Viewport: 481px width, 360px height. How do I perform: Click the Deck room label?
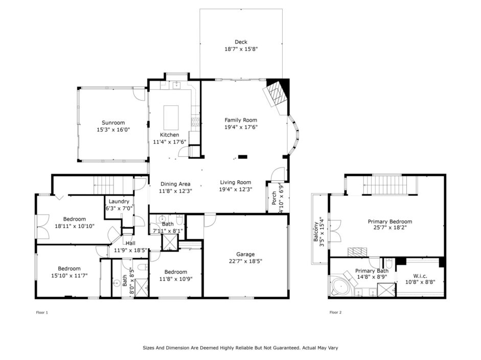tap(241, 42)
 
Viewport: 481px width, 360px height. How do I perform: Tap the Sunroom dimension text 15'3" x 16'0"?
tap(113, 130)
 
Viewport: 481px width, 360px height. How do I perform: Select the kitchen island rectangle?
tap(171, 117)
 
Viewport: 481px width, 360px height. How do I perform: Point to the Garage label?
tap(245, 254)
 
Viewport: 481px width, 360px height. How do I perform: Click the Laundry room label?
tap(119, 201)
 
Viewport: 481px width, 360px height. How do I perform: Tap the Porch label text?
tap(274, 198)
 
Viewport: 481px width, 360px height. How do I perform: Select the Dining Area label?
tap(175, 184)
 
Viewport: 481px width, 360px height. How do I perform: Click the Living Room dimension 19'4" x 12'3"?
tap(236, 189)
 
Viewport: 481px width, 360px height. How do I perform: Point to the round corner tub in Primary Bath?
tap(340, 287)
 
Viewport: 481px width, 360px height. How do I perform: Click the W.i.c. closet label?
tap(420, 276)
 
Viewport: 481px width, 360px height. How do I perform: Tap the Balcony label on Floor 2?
tap(316, 232)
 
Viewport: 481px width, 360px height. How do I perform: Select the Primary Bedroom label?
tap(390, 222)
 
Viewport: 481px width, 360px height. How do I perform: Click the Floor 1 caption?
tap(42, 313)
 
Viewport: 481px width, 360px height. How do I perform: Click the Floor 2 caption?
tap(335, 312)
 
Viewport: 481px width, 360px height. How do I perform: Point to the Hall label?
tap(130, 243)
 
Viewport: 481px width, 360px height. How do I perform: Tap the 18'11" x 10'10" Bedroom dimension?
tap(75, 226)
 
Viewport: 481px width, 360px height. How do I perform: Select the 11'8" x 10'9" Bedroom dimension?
tap(175, 279)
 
